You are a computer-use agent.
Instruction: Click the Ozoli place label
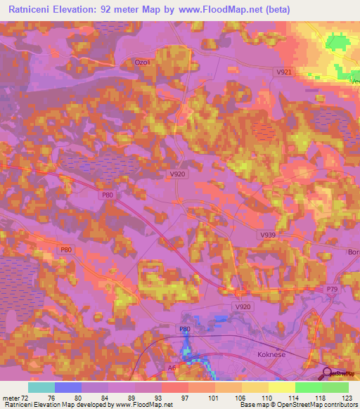click(142, 63)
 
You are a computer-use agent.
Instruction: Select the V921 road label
click(284, 72)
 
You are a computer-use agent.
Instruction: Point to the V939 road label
click(268, 235)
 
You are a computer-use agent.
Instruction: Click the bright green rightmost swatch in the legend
click(335, 387)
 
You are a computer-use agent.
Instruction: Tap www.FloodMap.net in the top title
click(216, 9)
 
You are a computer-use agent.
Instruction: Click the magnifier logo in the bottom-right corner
click(328, 373)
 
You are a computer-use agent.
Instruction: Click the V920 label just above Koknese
click(244, 307)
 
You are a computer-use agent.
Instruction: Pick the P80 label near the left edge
click(65, 249)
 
